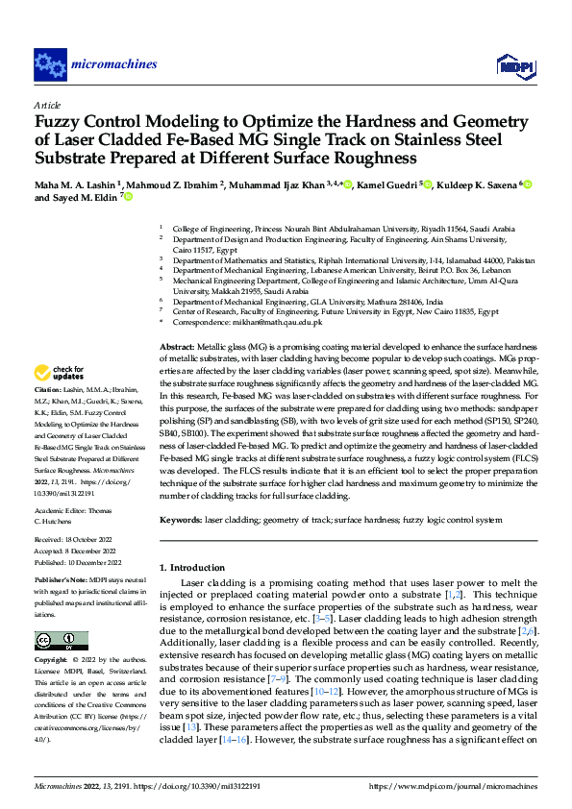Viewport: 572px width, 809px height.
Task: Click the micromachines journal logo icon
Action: pyautogui.click(x=50, y=64)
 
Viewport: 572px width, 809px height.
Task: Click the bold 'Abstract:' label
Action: pyautogui.click(x=177, y=345)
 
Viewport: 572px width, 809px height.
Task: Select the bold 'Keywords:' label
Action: pyautogui.click(x=181, y=519)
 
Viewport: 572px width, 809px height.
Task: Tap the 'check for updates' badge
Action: pyautogui.click(x=60, y=373)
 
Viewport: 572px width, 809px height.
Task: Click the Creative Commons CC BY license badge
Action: pyautogui.click(x=61, y=641)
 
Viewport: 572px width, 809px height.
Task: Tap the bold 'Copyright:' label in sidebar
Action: pyautogui.click(x=52, y=661)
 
